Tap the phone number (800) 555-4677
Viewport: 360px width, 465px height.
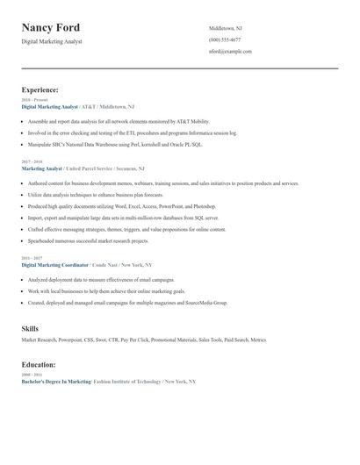point(225,40)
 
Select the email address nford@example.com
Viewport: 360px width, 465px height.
point(230,52)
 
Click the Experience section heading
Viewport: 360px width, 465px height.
point(40,89)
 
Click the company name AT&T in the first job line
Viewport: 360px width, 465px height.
point(86,106)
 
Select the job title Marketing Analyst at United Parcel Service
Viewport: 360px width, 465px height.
point(42,168)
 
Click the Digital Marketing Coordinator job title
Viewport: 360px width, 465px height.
point(55,264)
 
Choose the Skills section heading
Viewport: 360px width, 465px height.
point(30,328)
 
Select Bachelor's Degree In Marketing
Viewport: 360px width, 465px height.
point(56,382)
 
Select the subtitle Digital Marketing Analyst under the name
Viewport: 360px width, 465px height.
point(52,41)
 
